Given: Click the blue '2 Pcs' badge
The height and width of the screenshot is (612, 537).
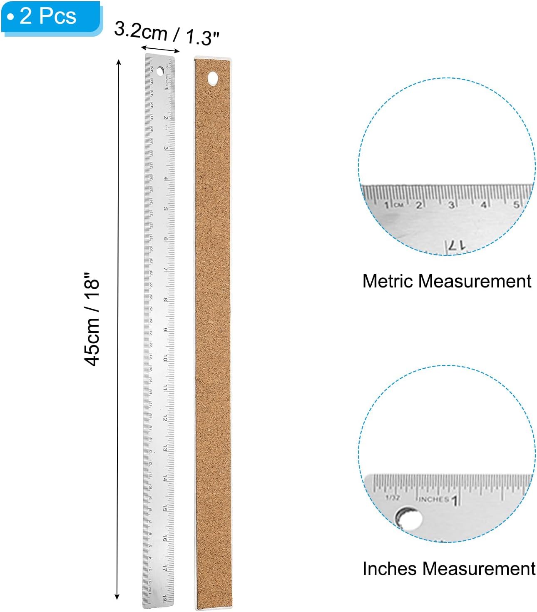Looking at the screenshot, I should coord(51,17).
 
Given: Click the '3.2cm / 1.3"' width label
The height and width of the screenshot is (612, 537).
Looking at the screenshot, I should coord(167,33).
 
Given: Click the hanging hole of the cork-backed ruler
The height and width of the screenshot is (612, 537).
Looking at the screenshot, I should coord(213,78).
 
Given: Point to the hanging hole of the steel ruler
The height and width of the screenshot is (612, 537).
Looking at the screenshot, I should coord(160,71).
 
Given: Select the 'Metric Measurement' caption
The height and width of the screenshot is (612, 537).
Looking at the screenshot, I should coord(447,281).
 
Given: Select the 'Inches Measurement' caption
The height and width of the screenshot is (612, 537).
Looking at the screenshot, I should coord(449,569).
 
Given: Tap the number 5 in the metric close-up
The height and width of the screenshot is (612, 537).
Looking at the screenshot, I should coord(516,205).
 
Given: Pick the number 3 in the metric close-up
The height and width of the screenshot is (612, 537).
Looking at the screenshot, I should coord(451,205).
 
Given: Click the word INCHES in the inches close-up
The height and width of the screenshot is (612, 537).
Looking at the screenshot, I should coord(434,499).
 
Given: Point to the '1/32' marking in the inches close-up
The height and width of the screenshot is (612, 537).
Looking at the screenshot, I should coord(393,497).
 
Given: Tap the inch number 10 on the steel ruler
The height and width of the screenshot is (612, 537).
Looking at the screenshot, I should coord(165,359).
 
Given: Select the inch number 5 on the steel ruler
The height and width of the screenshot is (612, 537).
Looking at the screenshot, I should coord(166,209).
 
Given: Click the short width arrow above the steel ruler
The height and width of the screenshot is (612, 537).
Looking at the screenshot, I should coord(160,50).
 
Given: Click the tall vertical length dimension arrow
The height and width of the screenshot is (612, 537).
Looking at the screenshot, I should coord(118,329).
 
